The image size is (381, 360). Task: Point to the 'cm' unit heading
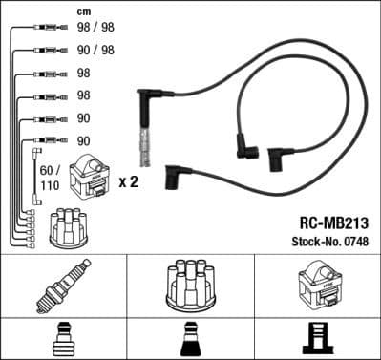point(83,11)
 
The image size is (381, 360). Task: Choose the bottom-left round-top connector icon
point(63,338)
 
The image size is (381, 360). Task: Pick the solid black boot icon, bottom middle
point(190,338)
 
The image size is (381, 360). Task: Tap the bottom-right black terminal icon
point(318,338)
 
